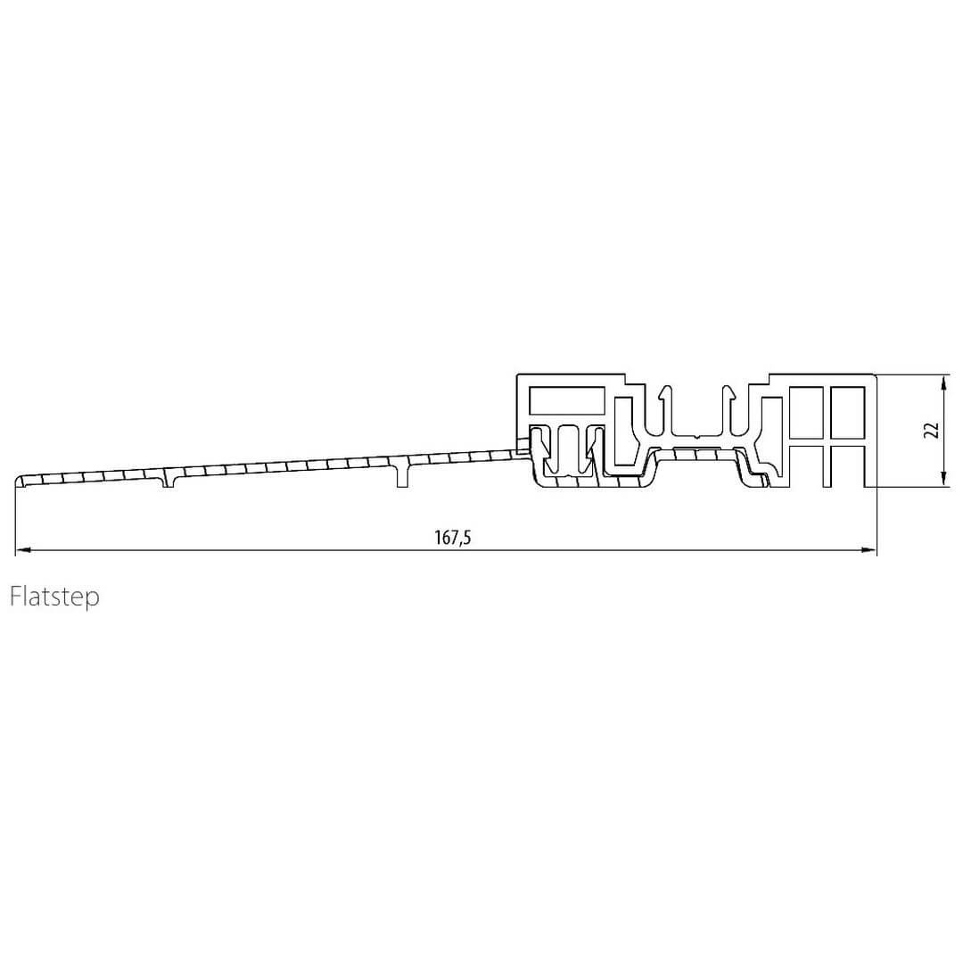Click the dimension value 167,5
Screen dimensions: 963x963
[x=453, y=538]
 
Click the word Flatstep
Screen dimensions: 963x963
[x=54, y=597]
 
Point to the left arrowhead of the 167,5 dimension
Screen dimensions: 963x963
[x=22, y=550]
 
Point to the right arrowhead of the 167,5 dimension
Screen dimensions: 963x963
[x=869, y=550]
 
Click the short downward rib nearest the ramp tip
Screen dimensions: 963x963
[x=169, y=479]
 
